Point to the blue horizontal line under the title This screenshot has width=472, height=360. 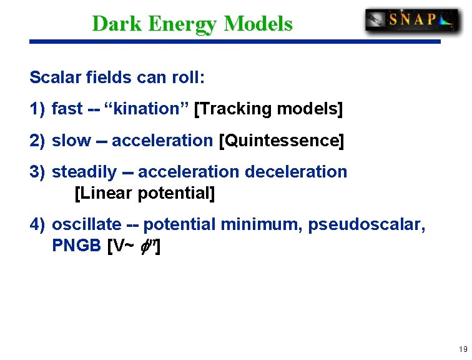pyautogui.click(x=235, y=42)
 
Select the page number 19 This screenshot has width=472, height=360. pyautogui.click(x=463, y=349)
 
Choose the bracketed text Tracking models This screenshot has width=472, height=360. pyautogui.click(x=269, y=109)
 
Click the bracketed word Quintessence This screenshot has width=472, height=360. pyautogui.click(x=281, y=141)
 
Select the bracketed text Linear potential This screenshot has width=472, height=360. pyautogui.click(x=144, y=193)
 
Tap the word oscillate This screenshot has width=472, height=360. pyautogui.click(x=86, y=224)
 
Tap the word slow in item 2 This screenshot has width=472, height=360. pyautogui.click(x=71, y=141)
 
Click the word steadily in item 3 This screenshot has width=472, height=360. pyautogui.click(x=84, y=172)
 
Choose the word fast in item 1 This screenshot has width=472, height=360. pyautogui.click(x=67, y=109)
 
